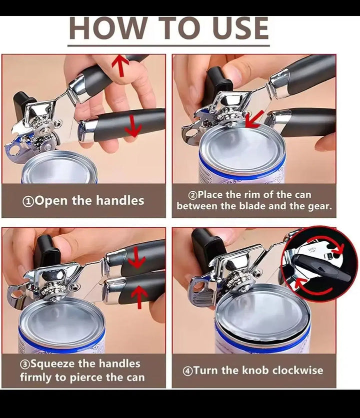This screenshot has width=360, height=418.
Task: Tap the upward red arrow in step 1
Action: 120,65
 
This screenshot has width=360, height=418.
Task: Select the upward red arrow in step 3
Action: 139,297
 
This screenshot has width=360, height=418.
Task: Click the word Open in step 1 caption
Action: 51,201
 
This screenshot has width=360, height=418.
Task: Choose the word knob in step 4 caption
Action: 256,370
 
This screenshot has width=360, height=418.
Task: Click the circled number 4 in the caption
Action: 187,371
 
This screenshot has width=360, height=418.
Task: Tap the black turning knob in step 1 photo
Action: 24,103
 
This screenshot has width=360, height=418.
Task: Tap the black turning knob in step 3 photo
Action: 46,251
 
